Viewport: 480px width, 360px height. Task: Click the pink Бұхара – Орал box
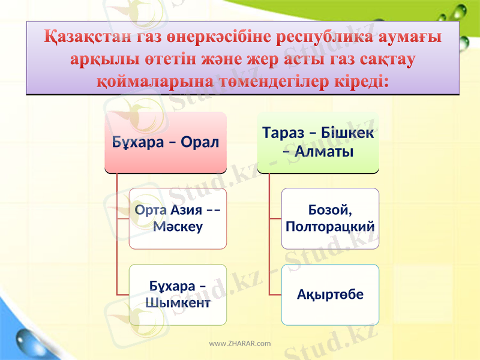click(x=166, y=143)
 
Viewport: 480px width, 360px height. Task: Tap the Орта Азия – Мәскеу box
click(x=178, y=218)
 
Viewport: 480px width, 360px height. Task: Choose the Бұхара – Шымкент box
click(x=178, y=294)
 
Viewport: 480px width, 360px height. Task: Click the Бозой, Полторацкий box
click(x=330, y=218)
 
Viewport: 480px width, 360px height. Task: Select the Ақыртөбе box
click(x=330, y=295)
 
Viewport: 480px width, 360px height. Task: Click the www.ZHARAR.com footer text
click(x=239, y=344)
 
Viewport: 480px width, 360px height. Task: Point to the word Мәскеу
click(x=178, y=227)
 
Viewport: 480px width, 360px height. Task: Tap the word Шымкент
click(x=178, y=302)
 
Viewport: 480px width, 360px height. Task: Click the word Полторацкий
click(x=331, y=227)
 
